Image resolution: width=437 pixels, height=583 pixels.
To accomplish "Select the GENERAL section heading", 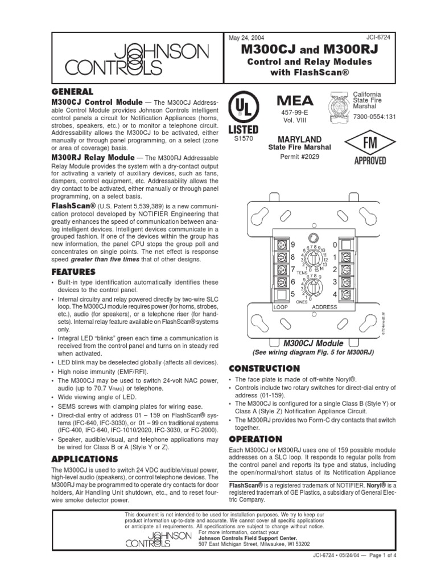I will [72, 91].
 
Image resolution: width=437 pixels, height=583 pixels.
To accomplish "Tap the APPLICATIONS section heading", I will [85, 459].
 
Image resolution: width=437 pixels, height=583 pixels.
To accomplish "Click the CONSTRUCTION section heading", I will [264, 368].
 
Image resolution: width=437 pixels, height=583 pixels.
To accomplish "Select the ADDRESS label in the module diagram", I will [325, 307].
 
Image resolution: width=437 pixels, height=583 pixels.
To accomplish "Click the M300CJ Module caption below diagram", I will [313, 343].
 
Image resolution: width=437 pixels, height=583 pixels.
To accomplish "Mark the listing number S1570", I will [243, 137].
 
